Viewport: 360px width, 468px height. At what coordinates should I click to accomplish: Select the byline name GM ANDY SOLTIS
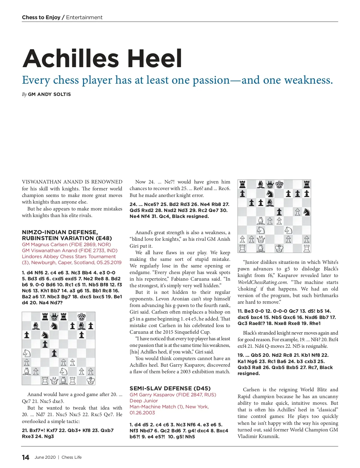coord(49,94)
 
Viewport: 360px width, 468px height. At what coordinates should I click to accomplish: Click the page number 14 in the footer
coord(25,457)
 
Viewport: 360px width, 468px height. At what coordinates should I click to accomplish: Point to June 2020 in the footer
coord(45,457)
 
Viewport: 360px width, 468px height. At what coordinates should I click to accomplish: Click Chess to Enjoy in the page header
coord(41,17)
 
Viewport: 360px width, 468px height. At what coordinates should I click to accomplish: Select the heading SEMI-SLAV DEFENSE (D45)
coord(170,388)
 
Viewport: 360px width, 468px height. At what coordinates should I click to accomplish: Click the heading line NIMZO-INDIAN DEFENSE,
coord(60,232)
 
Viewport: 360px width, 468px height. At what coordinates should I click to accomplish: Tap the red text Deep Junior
coord(144,401)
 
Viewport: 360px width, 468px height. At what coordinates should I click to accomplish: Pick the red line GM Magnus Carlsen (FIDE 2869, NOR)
coord(66,244)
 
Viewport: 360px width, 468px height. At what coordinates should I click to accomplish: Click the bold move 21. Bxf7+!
coord(33,430)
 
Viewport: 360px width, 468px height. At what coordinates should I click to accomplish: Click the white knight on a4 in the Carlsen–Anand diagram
coord(27,353)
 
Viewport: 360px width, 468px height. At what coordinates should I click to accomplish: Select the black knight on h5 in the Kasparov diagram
coord(306,212)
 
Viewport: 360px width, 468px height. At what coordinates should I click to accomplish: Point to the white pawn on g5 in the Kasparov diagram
coord(297,212)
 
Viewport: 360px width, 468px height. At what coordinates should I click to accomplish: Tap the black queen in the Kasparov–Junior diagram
coord(270,184)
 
